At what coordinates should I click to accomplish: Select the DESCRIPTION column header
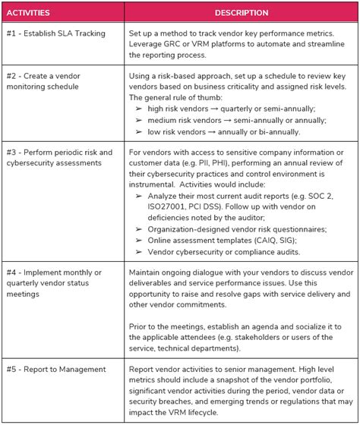pyautogui.click(x=242, y=13)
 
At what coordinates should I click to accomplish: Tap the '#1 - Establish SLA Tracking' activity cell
pyautogui.click(x=57, y=34)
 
